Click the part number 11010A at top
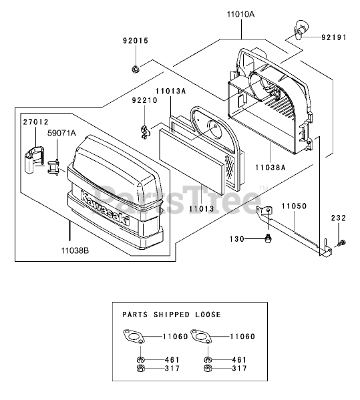click(240, 14)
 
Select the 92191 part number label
click(334, 37)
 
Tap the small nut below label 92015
click(135, 69)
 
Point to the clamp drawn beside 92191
click(299, 29)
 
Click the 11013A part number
click(171, 91)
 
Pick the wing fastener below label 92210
click(145, 132)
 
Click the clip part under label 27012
click(34, 160)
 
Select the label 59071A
click(61, 133)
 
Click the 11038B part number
click(75, 251)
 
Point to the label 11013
click(202, 208)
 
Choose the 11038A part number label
click(271, 168)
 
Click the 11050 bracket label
click(294, 206)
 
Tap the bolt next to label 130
click(268, 239)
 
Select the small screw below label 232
click(341, 243)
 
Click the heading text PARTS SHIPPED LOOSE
click(172, 315)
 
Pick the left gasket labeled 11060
click(134, 336)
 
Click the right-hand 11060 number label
click(242, 337)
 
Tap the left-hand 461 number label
click(172, 360)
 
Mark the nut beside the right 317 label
click(208, 369)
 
